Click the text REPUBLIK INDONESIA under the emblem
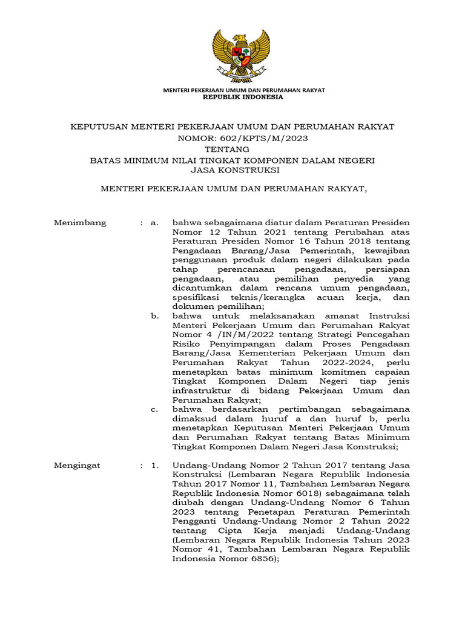click(243, 97)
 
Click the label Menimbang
click(81, 222)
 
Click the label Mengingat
click(77, 465)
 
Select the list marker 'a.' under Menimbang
click(155, 222)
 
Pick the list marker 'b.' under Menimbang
click(155, 316)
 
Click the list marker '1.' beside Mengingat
click(155, 465)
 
